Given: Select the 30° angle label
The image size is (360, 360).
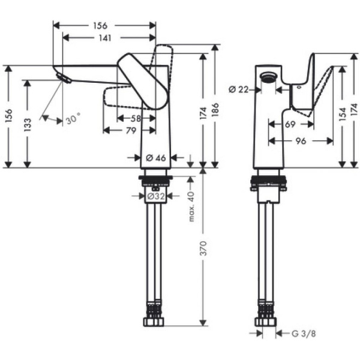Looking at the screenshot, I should pyautogui.click(x=73, y=119).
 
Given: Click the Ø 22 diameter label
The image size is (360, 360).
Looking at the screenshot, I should pyautogui.click(x=238, y=89).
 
